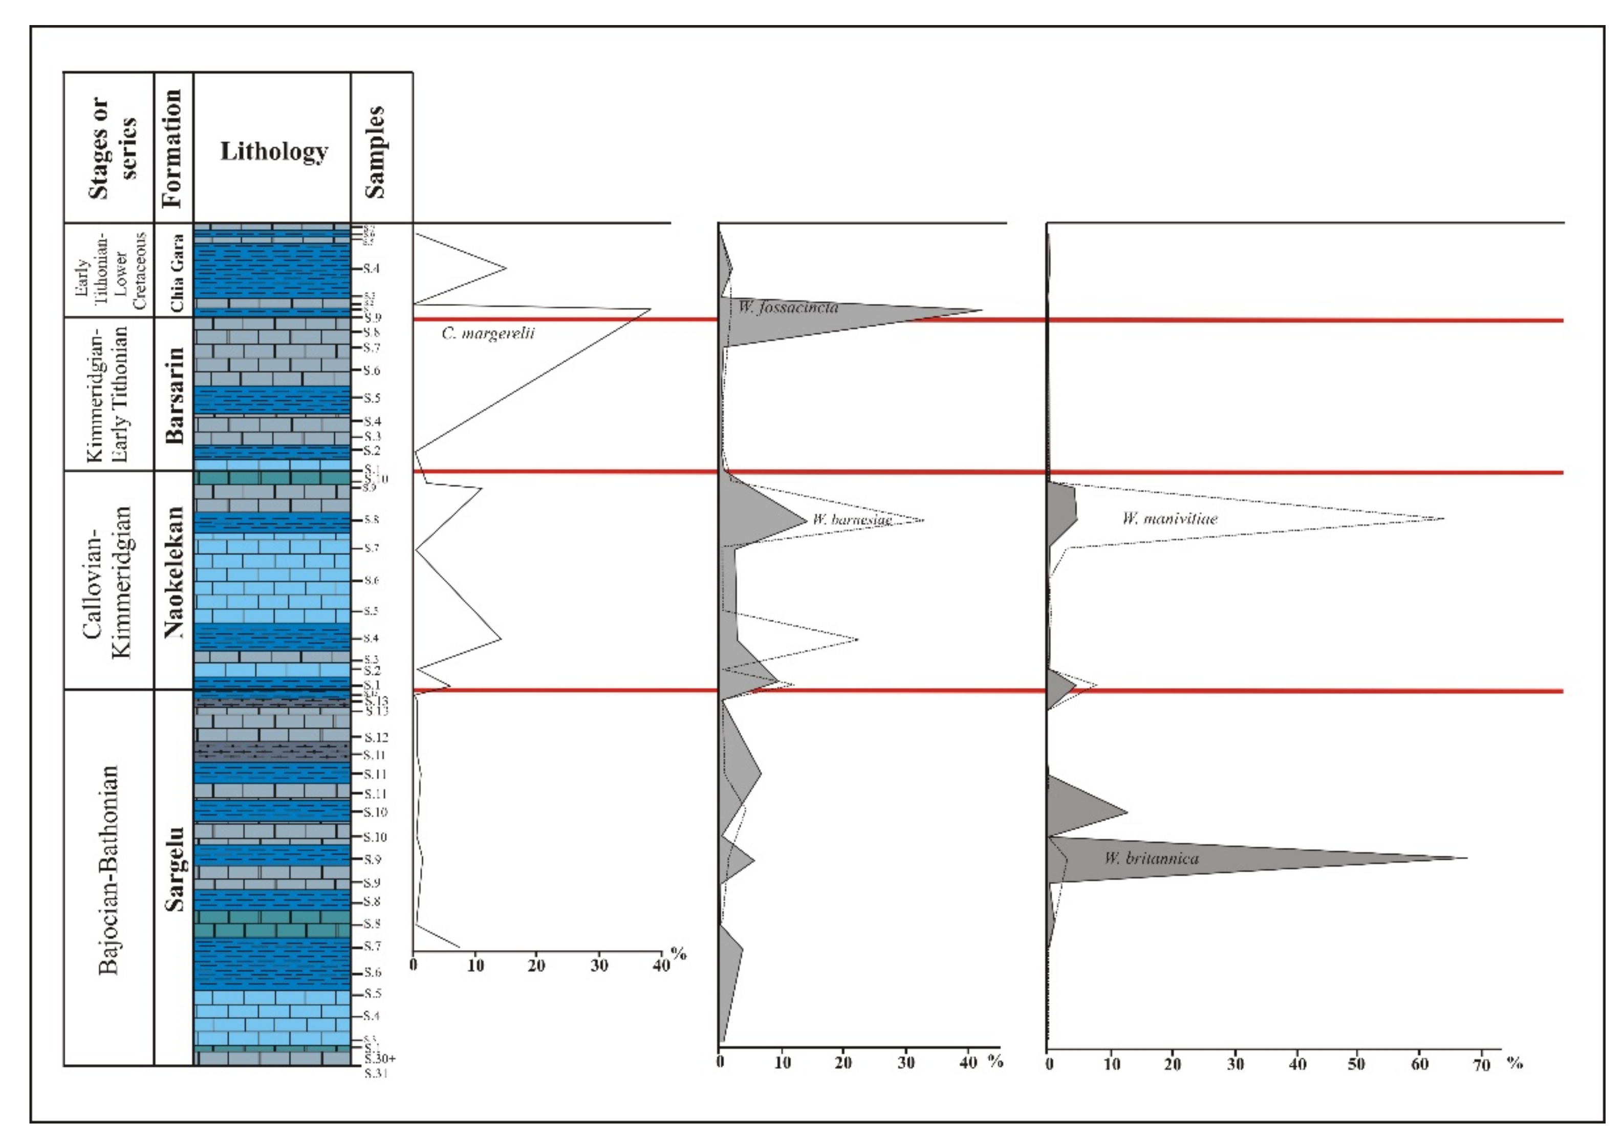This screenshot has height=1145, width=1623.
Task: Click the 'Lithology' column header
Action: coord(273,150)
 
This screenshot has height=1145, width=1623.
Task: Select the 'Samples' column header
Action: coord(375,152)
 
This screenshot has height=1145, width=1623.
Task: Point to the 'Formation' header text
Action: coord(172,148)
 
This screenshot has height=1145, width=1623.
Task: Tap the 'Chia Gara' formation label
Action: coord(176,272)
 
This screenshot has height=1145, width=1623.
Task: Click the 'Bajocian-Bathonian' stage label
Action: coord(107,869)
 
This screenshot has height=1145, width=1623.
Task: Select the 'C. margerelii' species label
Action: coord(488,333)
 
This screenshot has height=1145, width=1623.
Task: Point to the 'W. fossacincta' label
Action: coord(788,307)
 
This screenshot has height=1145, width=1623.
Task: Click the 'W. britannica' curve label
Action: coord(1151,858)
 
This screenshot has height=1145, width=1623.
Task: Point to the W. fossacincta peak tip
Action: coord(982,310)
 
